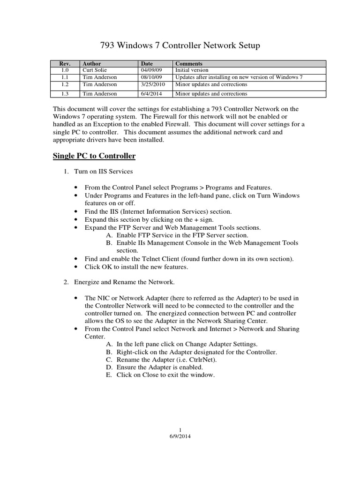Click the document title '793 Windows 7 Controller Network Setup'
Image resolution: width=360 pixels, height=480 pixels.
pos(180,46)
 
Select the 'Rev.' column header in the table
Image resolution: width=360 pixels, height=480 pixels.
pos(64,63)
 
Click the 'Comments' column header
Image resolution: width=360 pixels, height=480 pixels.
pos(188,63)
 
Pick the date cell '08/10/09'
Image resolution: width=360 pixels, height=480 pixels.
pos(151,77)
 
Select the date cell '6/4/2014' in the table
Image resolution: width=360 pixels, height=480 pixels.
pos(151,94)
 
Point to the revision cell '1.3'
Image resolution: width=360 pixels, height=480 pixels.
pos(64,94)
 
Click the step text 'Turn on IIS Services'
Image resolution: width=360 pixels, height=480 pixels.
pos(104,172)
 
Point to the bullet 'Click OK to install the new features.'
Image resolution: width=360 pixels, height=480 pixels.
pos(136,267)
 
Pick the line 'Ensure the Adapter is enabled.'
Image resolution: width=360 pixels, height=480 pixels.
pos(160,367)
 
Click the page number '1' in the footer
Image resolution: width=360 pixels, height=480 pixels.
pos(180,430)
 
